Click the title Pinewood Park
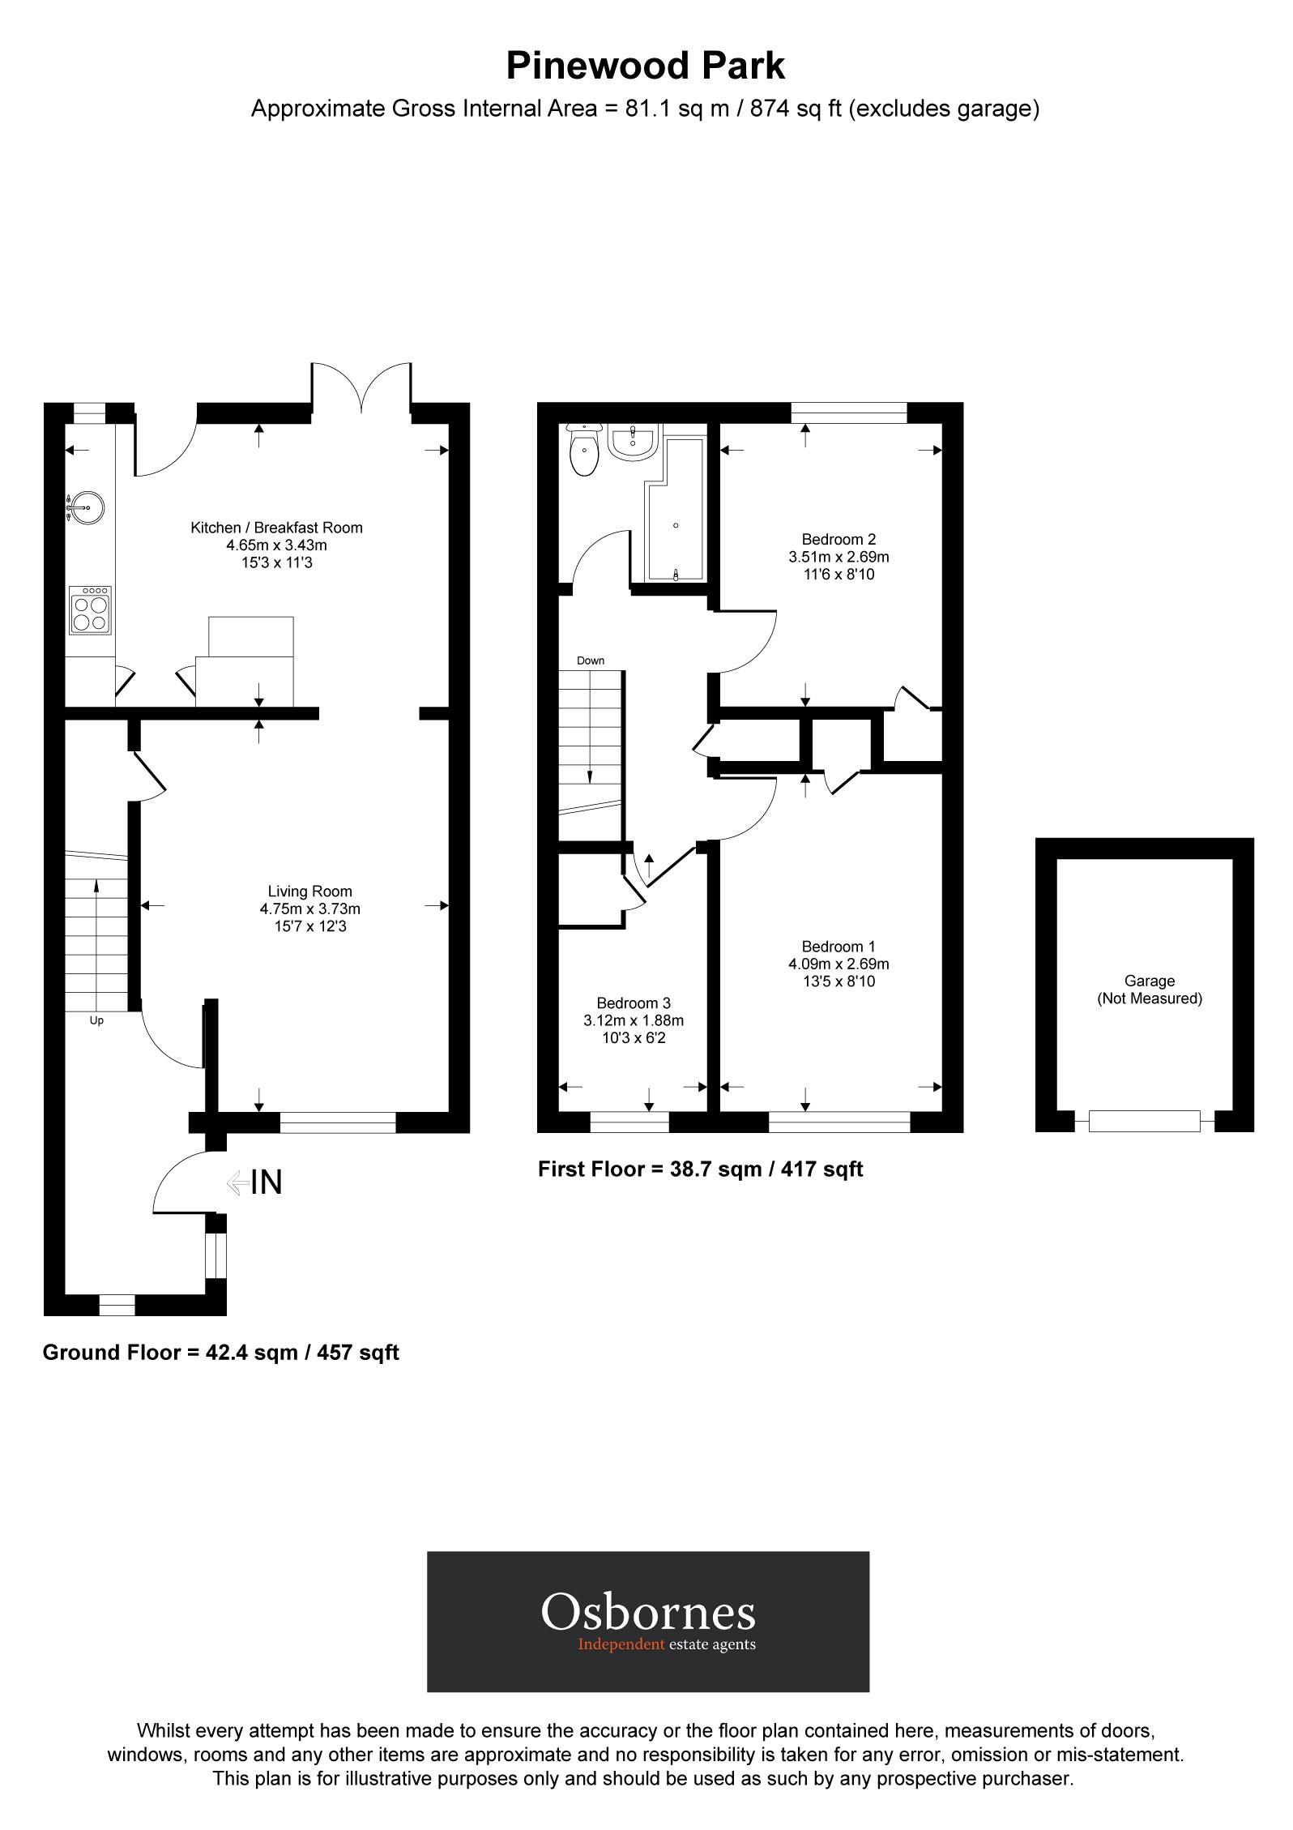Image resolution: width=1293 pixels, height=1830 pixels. click(645, 66)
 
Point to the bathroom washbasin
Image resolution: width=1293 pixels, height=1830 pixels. click(634, 443)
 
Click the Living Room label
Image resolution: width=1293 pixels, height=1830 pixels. click(309, 891)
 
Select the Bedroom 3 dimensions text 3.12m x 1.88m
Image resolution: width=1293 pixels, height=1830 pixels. click(634, 1020)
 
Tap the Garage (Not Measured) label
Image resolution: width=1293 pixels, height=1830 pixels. click(1149, 990)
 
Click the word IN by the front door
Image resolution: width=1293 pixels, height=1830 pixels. click(267, 1182)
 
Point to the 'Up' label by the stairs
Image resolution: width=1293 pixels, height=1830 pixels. click(96, 1020)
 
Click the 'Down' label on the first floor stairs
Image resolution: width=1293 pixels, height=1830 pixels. click(591, 661)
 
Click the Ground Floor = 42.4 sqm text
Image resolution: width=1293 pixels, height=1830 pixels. click(220, 1353)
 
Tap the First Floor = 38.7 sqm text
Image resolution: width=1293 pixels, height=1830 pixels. click(700, 1169)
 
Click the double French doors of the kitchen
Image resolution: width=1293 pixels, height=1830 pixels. click(362, 389)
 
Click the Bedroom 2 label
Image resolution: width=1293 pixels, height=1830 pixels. click(839, 539)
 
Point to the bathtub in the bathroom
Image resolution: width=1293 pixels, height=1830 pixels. click(675, 519)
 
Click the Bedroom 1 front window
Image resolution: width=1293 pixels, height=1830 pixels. click(839, 1122)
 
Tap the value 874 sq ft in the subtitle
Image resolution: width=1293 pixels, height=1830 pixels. click(796, 108)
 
